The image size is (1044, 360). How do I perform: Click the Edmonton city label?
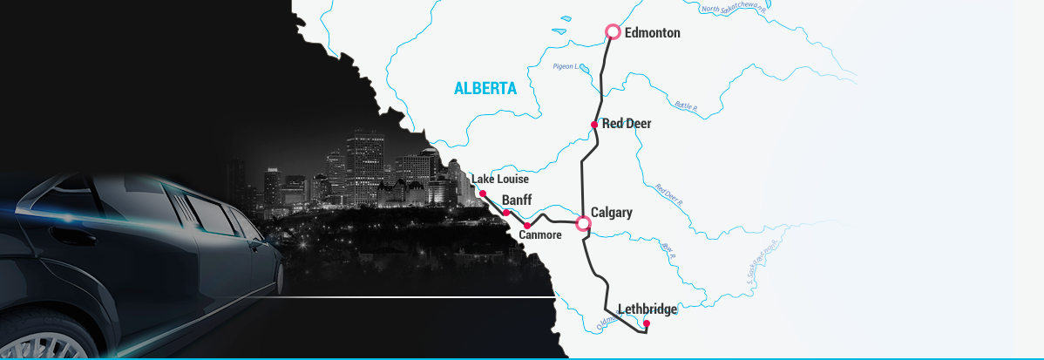[x=653, y=33]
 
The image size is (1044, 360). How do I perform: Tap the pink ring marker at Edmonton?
[x=613, y=32]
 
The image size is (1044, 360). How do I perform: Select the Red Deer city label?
[x=627, y=124]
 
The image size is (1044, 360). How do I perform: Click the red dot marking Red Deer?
[x=594, y=125]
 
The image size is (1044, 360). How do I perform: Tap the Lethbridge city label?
[x=647, y=308]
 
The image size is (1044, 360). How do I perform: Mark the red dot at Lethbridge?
[x=646, y=323]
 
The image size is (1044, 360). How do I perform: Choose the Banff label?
[x=517, y=199]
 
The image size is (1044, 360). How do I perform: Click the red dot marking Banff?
[x=506, y=212]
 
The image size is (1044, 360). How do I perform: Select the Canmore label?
[x=540, y=234]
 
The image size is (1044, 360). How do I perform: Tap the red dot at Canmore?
[x=527, y=226]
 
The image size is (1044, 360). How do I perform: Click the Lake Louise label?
[x=501, y=180]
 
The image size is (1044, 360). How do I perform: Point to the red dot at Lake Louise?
[x=483, y=194]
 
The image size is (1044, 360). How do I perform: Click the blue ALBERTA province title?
[x=485, y=88]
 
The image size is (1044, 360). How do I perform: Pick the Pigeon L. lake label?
[x=566, y=66]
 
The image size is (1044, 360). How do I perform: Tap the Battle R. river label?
[x=687, y=105]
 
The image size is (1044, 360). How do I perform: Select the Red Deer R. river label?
[x=668, y=194]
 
